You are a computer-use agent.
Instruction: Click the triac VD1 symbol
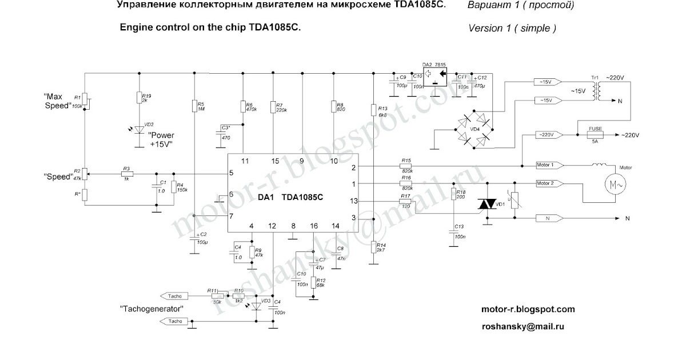[x=486, y=205]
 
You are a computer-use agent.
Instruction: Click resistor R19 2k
[x=138, y=99]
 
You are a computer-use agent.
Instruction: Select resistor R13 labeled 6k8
[x=373, y=110]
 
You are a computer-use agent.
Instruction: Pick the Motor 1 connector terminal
[x=548, y=165]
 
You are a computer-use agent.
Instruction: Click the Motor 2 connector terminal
[x=548, y=183]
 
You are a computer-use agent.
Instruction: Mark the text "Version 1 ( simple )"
[x=512, y=27]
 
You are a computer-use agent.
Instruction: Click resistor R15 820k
[x=406, y=166]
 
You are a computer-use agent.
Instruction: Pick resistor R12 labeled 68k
[x=313, y=282]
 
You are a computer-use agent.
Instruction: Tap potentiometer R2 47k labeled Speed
[x=85, y=173]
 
